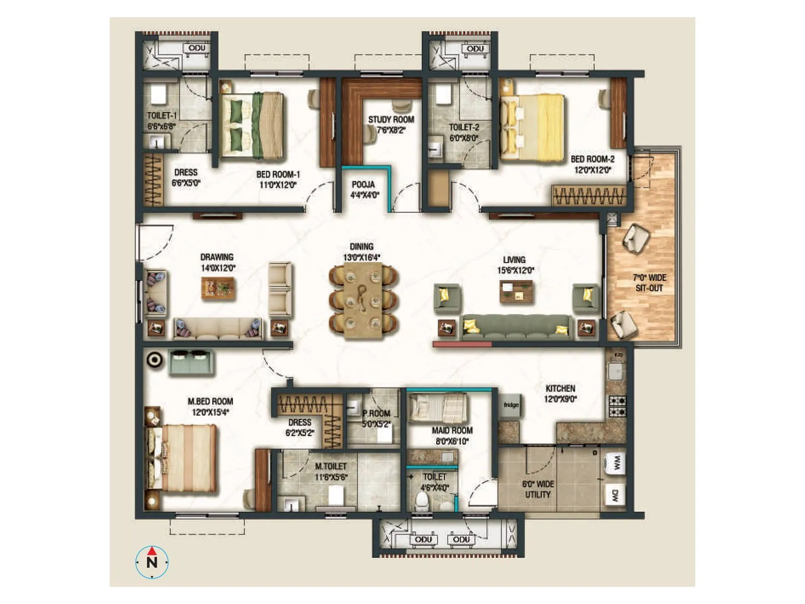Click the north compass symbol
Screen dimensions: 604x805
(x=152, y=562)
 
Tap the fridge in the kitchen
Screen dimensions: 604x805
(x=511, y=405)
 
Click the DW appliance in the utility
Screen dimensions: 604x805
(x=615, y=495)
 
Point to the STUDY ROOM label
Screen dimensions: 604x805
(x=391, y=120)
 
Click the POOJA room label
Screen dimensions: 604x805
(x=363, y=185)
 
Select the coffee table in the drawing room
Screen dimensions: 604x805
(x=218, y=289)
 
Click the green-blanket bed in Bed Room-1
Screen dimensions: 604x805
(x=252, y=125)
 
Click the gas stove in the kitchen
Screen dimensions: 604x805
(x=617, y=406)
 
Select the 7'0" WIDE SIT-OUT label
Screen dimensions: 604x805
(x=649, y=283)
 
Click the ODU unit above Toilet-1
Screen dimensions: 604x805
(x=197, y=48)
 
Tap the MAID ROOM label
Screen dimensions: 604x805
(x=452, y=431)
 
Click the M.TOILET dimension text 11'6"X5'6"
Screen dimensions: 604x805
(x=331, y=477)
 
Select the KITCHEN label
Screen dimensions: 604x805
(x=560, y=389)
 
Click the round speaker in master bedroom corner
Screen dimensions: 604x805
(x=154, y=360)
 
